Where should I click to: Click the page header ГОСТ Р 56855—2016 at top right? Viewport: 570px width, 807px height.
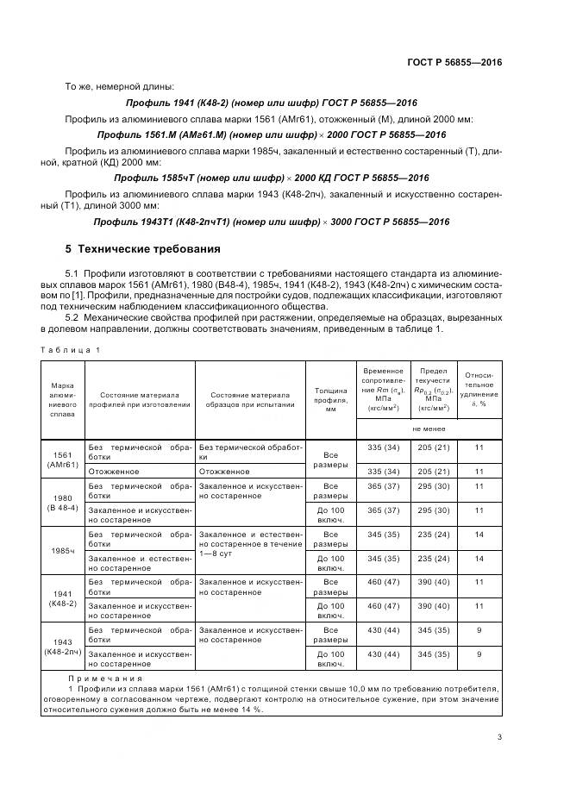click(454, 63)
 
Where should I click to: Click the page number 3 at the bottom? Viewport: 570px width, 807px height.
click(499, 736)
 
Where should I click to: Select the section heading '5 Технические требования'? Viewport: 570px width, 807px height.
click(143, 249)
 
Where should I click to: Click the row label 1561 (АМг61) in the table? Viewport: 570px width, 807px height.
click(62, 460)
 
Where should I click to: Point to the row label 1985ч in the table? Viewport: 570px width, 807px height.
click(62, 550)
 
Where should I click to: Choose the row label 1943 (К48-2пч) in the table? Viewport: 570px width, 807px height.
click(62, 646)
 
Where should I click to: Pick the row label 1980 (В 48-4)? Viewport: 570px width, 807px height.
click(62, 502)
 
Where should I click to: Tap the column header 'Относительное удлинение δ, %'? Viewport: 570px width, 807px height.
click(479, 389)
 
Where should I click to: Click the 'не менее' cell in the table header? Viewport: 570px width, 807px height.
click(429, 428)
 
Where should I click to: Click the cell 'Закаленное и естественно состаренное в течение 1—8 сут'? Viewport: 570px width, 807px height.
click(250, 545)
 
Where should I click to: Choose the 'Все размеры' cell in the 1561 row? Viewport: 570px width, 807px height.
click(329, 460)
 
